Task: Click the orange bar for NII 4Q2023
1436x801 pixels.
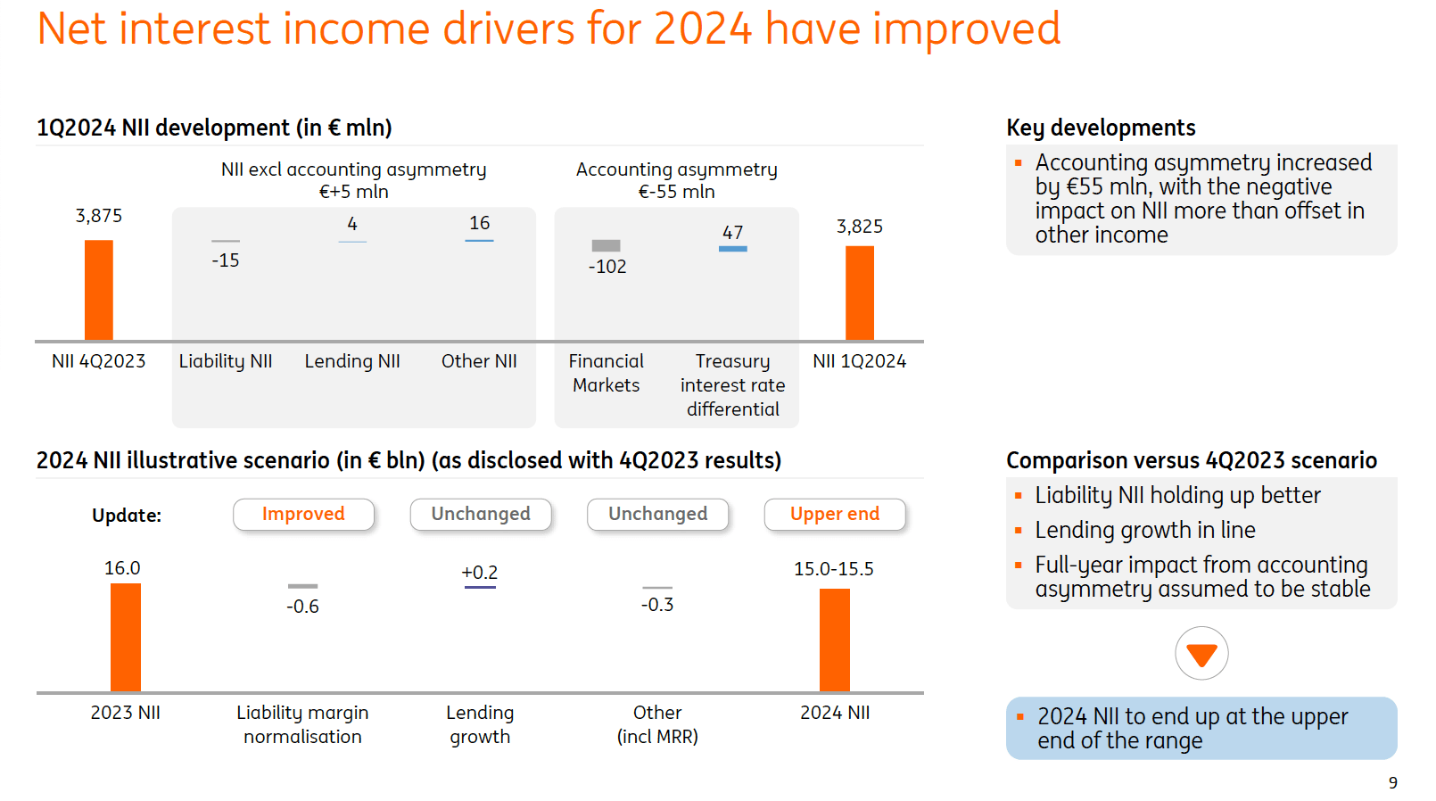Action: tap(99, 290)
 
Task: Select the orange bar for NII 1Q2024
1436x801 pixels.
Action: tap(860, 293)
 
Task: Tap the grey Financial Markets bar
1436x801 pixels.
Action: tap(607, 245)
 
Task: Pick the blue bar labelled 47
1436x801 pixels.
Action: tap(733, 249)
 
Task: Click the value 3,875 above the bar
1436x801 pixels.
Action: tap(99, 216)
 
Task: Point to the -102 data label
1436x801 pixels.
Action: tap(607, 267)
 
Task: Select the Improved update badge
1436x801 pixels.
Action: tap(303, 515)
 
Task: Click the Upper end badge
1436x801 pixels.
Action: tap(835, 515)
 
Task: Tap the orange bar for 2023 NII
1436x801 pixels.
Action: tap(126, 637)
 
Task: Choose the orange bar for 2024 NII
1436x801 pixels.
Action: tap(835, 640)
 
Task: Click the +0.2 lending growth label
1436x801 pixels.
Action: tap(480, 573)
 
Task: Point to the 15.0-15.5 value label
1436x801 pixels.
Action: tap(834, 569)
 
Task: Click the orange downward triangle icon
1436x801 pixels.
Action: tap(1201, 655)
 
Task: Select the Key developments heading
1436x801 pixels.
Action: tap(1101, 128)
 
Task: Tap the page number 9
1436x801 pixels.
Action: tap(1393, 783)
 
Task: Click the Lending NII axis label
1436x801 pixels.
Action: tap(352, 361)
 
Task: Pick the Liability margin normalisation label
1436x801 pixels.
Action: tap(302, 724)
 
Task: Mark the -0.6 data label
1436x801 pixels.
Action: tap(302, 607)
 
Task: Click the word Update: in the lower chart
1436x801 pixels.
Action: tap(127, 516)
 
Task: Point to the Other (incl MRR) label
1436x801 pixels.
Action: tap(657, 724)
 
